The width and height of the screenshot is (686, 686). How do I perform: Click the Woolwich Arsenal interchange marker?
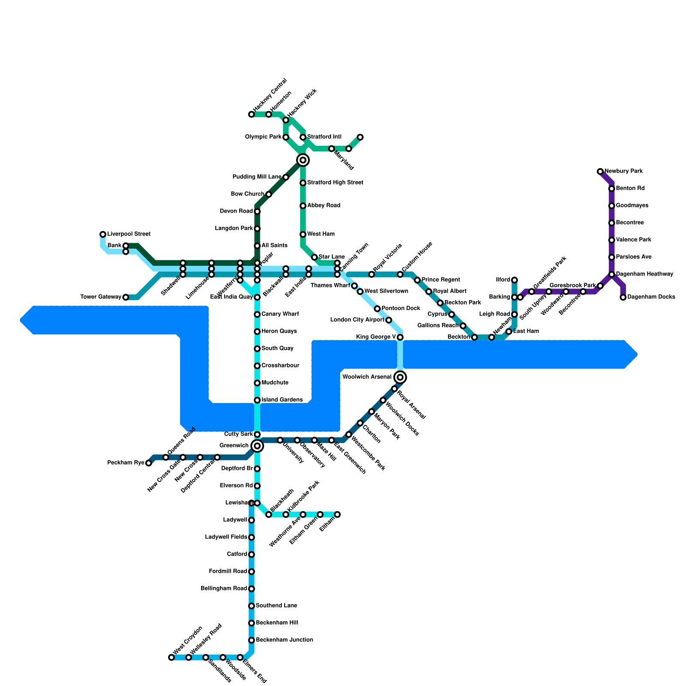coord(400,377)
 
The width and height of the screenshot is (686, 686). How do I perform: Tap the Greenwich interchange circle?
coord(257,446)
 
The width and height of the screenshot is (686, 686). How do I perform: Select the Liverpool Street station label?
coord(129,234)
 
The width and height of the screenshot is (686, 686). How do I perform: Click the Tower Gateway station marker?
coord(126,297)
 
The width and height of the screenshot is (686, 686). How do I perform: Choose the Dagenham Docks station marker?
coord(623,297)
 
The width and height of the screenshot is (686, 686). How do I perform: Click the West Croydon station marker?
coord(171,657)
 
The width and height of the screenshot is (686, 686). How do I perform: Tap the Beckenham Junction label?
coord(284,640)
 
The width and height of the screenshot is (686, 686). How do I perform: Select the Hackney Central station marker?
coord(251,114)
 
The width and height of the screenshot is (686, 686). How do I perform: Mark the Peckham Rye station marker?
coord(148,463)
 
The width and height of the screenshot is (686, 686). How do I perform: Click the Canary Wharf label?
coord(280,314)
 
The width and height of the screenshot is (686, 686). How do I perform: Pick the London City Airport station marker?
coord(388,320)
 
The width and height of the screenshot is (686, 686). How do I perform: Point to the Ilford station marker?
coord(514,280)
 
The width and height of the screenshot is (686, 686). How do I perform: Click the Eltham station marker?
coord(337,514)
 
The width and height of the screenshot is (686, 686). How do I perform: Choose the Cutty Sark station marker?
coord(257,434)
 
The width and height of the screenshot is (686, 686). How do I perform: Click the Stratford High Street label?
coord(335,183)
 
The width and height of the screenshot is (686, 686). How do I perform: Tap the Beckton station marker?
coord(474,337)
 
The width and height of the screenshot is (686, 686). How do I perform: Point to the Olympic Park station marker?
coord(286,137)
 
